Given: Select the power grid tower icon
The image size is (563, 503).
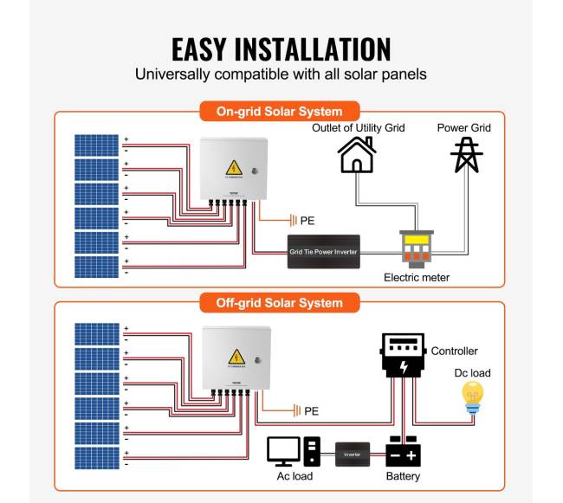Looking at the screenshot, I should (x=466, y=155).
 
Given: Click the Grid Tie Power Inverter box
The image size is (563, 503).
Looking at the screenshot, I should (x=323, y=252).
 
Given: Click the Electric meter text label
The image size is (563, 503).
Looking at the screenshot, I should (x=417, y=278).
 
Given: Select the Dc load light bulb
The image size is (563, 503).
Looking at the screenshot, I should (x=472, y=396).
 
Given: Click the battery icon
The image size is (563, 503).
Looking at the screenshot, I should (x=403, y=452).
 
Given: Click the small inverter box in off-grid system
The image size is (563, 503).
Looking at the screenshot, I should (x=352, y=453).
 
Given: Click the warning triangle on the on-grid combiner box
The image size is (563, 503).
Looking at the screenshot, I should (x=233, y=167).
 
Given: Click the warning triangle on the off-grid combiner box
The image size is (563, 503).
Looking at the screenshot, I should (x=234, y=357).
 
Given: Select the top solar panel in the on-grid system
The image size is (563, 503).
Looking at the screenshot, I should (x=95, y=145).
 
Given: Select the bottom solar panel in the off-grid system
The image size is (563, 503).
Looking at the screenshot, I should (x=95, y=457).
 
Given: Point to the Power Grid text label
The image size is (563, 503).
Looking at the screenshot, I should (x=463, y=128).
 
